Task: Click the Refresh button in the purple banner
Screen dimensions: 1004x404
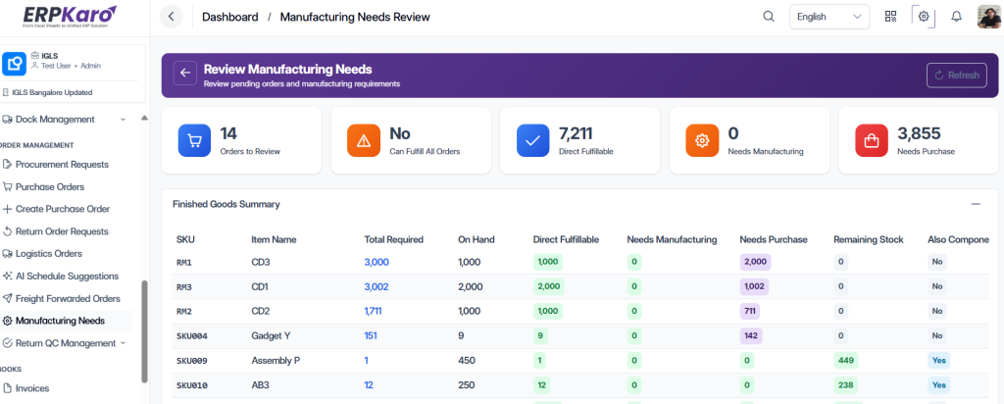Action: tap(957, 76)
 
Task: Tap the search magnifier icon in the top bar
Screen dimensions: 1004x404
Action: tap(769, 17)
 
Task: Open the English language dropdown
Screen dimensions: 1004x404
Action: tap(829, 17)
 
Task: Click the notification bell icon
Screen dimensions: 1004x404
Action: tap(956, 17)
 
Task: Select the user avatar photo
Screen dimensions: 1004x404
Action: tap(988, 17)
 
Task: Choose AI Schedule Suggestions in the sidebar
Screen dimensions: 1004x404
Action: tap(61, 276)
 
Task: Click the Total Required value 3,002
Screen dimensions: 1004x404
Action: tap(376, 287)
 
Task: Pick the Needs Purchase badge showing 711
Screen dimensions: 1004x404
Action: tap(750, 311)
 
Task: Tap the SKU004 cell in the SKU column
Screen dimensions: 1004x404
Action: tap(192, 336)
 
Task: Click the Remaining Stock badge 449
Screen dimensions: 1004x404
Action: tap(846, 361)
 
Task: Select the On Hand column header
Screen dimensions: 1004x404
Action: tap(477, 239)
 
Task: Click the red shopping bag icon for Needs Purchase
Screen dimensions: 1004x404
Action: tap(872, 140)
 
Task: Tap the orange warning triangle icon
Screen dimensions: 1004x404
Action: tap(363, 140)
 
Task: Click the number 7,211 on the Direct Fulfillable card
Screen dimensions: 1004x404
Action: tap(576, 133)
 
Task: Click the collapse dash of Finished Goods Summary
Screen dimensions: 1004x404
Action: tap(976, 204)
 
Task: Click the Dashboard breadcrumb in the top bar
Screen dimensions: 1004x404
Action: tap(229, 17)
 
